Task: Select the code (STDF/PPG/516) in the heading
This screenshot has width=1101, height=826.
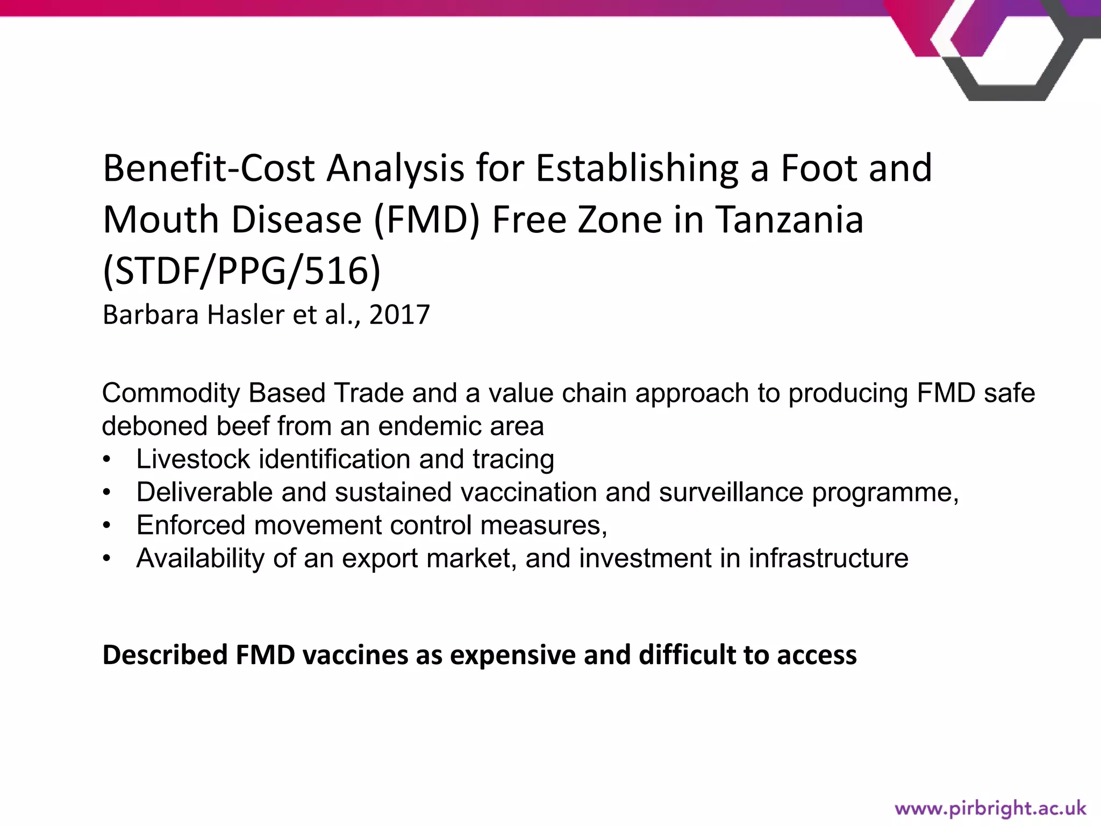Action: [x=242, y=271]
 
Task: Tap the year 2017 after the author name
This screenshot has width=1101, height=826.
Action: [x=399, y=315]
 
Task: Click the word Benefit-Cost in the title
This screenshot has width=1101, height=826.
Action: [x=208, y=168]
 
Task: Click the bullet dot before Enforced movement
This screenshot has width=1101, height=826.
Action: [x=107, y=525]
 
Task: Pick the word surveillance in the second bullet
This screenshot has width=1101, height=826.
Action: [x=731, y=492]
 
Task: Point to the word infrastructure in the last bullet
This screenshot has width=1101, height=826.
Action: [x=828, y=558]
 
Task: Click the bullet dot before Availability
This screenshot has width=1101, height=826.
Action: [x=107, y=559]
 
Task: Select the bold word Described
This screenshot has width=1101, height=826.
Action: [x=165, y=655]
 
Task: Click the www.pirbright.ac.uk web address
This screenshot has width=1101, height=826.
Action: [x=990, y=808]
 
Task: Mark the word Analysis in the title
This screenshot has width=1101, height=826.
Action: [x=396, y=168]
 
